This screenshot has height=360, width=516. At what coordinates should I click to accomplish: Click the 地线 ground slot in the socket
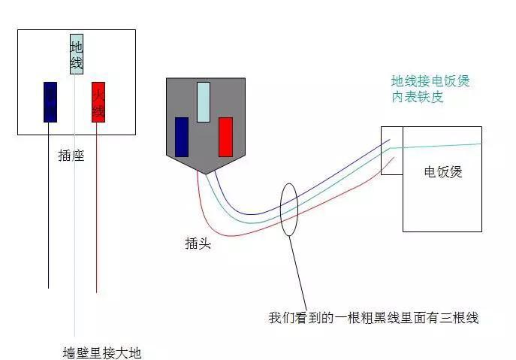click(x=76, y=54)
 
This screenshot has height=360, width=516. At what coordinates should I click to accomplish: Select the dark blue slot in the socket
click(x=50, y=101)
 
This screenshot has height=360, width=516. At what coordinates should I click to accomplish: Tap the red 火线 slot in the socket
click(x=98, y=101)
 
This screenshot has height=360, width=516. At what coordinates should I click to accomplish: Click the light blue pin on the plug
click(x=203, y=102)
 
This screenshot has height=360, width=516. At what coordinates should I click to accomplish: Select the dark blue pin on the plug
click(x=181, y=137)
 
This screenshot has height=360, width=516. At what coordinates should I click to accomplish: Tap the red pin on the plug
click(x=225, y=137)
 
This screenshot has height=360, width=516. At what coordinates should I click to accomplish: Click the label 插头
click(x=198, y=244)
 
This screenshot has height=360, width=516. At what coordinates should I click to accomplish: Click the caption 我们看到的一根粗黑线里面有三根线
click(x=373, y=318)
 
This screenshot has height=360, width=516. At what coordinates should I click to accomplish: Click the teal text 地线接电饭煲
click(x=430, y=81)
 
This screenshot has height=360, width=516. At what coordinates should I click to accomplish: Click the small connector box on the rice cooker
click(x=392, y=150)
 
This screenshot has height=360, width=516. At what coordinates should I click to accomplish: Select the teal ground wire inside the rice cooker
click(x=443, y=147)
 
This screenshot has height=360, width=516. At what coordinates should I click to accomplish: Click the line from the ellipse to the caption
click(x=299, y=271)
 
